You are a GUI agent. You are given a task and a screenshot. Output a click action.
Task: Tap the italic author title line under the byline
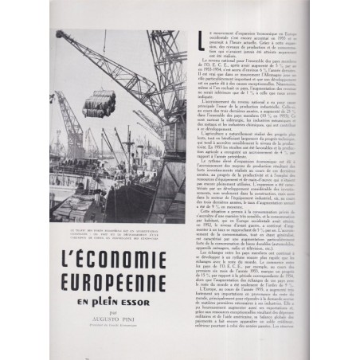pos(119,330)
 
